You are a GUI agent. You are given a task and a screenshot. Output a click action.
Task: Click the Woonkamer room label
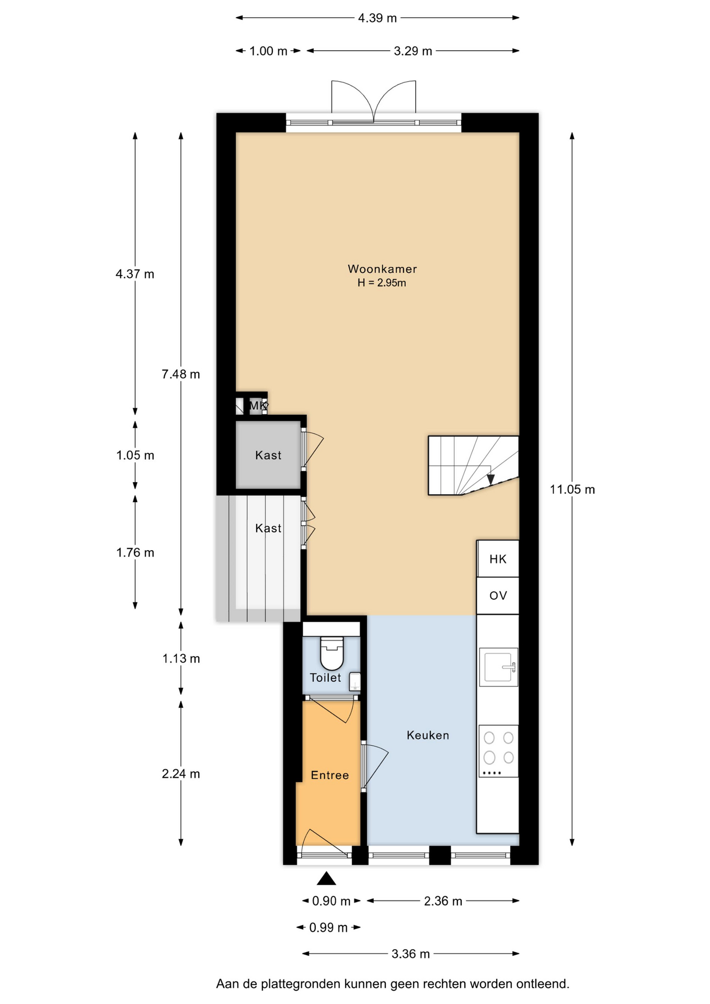pyautogui.click(x=382, y=269)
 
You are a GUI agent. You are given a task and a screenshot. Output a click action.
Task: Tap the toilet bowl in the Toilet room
pyautogui.click(x=331, y=653)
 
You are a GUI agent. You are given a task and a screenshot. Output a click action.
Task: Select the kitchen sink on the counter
pyautogui.click(x=499, y=667)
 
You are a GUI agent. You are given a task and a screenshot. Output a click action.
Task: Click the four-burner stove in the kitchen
pyautogui.click(x=499, y=751)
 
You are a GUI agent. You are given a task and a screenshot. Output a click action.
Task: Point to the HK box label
pyautogui.click(x=498, y=559)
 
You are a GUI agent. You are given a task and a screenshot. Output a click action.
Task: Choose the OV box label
pyautogui.click(x=498, y=596)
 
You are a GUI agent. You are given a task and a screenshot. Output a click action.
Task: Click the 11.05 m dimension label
pyautogui.click(x=572, y=489)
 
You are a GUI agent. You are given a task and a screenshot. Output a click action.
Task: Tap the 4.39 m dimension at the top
pyautogui.click(x=377, y=18)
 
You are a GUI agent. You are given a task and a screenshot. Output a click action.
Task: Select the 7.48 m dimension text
pyautogui.click(x=181, y=374)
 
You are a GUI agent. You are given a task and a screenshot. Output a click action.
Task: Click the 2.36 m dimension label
pyautogui.click(x=443, y=901)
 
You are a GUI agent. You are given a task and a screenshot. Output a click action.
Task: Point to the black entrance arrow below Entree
pyautogui.click(x=327, y=878)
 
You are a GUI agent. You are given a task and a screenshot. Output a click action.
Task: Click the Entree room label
pyautogui.click(x=330, y=775)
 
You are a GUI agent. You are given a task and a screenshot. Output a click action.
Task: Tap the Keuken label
pyautogui.click(x=428, y=735)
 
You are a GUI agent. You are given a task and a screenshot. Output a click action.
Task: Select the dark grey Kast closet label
pyautogui.click(x=268, y=455)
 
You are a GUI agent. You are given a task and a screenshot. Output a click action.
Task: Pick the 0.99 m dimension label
pyautogui.click(x=328, y=928)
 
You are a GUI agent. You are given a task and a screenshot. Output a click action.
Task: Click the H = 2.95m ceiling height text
pyautogui.click(x=382, y=283)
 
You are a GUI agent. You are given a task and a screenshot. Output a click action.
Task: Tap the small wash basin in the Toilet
pyautogui.click(x=355, y=681)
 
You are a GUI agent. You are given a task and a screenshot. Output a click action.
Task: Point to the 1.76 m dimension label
pyautogui.click(x=135, y=553)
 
